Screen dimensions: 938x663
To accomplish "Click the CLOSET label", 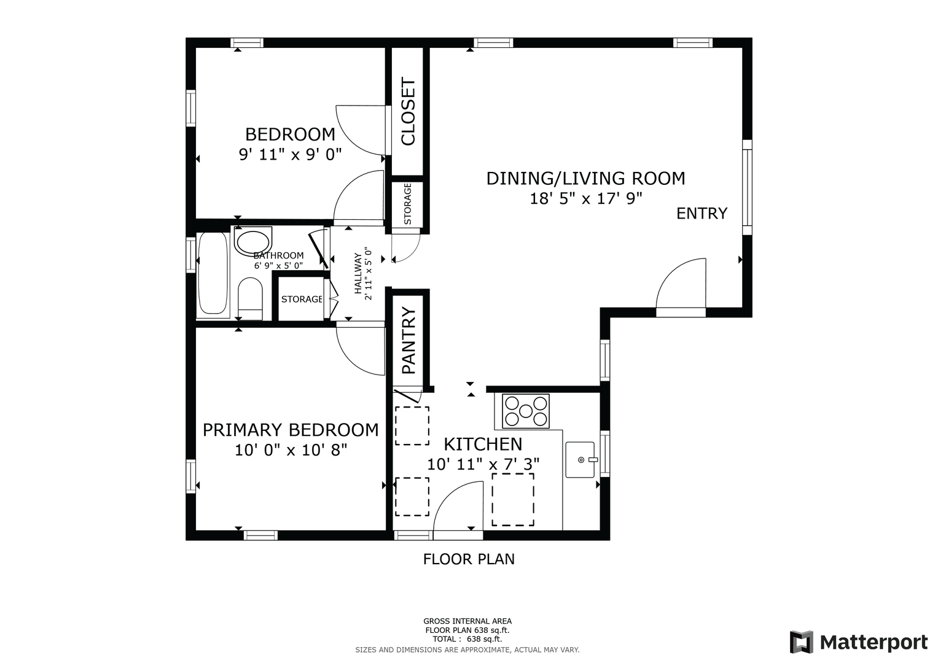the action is point(408,111).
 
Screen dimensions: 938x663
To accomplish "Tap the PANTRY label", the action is point(408,340).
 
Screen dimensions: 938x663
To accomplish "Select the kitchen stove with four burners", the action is point(526,411).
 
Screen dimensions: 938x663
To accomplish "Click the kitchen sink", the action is point(580,460).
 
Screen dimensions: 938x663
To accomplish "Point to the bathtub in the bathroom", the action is point(213,274).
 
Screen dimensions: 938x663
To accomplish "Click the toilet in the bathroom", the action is point(250,299).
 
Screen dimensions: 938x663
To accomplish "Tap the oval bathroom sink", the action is point(253,242).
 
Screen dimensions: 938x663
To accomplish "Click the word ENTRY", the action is point(702,214).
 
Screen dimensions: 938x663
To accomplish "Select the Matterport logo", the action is point(859,642).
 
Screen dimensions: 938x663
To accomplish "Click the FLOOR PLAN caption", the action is point(469,559).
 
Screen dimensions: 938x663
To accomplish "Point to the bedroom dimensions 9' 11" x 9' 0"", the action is point(290,155).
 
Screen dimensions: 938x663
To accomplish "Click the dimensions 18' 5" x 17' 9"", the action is point(586,198).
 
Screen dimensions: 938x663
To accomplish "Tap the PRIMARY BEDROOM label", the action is point(291,430).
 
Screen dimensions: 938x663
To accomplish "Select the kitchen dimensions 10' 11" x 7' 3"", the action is point(483,464).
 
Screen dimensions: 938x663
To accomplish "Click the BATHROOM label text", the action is point(278,255).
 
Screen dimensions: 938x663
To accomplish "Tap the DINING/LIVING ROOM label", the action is point(586,178).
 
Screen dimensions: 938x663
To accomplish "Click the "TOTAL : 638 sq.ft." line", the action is point(467,639).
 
